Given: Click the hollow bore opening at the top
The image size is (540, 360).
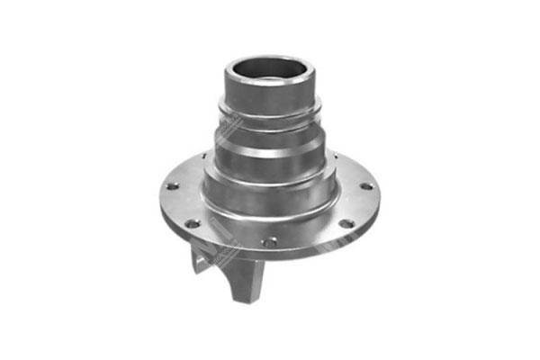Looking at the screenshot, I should [x=270, y=71].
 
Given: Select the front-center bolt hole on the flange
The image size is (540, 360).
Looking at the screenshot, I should [x=266, y=241].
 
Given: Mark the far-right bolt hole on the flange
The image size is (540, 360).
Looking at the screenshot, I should [x=365, y=186].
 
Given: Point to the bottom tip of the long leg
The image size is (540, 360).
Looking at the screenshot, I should [x=242, y=301].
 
